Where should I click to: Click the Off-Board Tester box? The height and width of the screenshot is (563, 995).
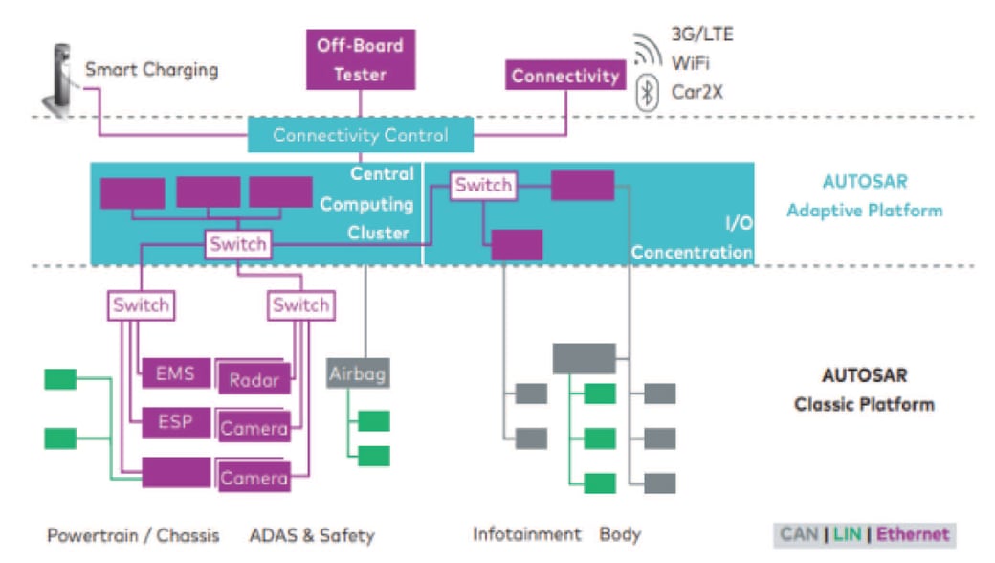click(x=360, y=59)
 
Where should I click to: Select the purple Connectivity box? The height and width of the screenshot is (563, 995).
click(x=564, y=76)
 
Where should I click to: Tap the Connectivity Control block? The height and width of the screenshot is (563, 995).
click(x=361, y=135)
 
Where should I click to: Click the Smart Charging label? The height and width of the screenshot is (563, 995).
click(x=151, y=70)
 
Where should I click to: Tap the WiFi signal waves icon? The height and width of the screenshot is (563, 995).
click(x=647, y=50)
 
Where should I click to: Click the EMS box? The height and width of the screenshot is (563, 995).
click(x=175, y=373)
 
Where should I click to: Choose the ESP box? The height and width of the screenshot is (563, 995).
click(x=175, y=421)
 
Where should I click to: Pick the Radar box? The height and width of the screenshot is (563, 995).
click(x=254, y=379)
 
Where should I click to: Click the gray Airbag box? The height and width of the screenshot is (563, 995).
click(x=358, y=372)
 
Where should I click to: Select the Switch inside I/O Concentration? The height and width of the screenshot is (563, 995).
click(x=483, y=185)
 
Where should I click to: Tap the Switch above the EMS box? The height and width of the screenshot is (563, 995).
click(x=141, y=305)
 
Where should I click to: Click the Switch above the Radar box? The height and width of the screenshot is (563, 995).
click(x=300, y=305)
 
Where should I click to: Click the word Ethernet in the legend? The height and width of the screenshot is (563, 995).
click(x=913, y=534)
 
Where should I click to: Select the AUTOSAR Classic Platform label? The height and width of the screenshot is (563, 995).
click(x=864, y=390)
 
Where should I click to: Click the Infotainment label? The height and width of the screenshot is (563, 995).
click(x=526, y=534)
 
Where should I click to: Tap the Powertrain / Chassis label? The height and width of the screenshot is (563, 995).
click(x=133, y=534)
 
